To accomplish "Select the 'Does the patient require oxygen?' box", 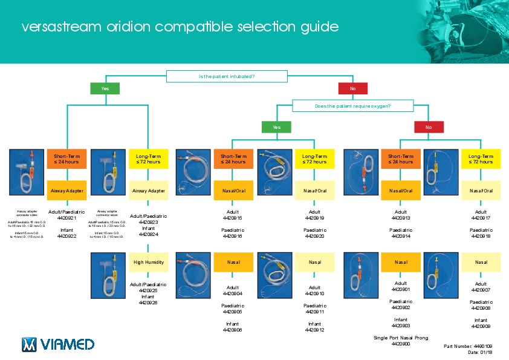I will pyautogui.click(x=352, y=106).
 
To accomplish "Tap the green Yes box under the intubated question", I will pyautogui.click(x=105, y=88).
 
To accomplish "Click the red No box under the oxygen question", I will pyautogui.click(x=429, y=127).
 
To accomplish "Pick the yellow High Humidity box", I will pyautogui.click(x=148, y=263).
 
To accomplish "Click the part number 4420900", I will pyautogui.click(x=401, y=344).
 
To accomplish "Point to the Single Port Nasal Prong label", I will pyautogui.click(x=401, y=337).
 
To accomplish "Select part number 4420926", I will pyautogui.click(x=148, y=303).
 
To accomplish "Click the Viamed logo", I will pyautogui.click(x=58, y=344).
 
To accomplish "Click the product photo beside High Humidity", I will pyautogui.click(x=108, y=275).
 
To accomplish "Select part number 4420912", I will pyautogui.click(x=315, y=330).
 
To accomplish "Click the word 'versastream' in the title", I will pyautogui.click(x=56, y=27).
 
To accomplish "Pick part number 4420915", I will pyautogui.click(x=232, y=218).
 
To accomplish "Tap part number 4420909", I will pyautogui.click(x=481, y=326).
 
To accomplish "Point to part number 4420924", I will pyautogui.click(x=148, y=234).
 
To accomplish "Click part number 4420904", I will pyautogui.click(x=232, y=294).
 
